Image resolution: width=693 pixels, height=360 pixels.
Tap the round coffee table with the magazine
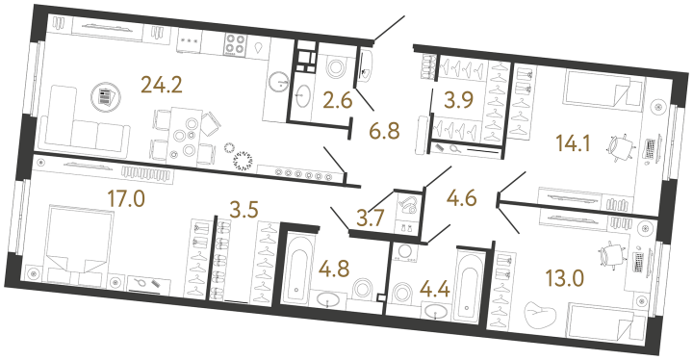point(104,96)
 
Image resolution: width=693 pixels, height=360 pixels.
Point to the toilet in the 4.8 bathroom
point(364,290)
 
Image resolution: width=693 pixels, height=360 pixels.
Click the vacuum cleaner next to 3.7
point(409,205)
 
